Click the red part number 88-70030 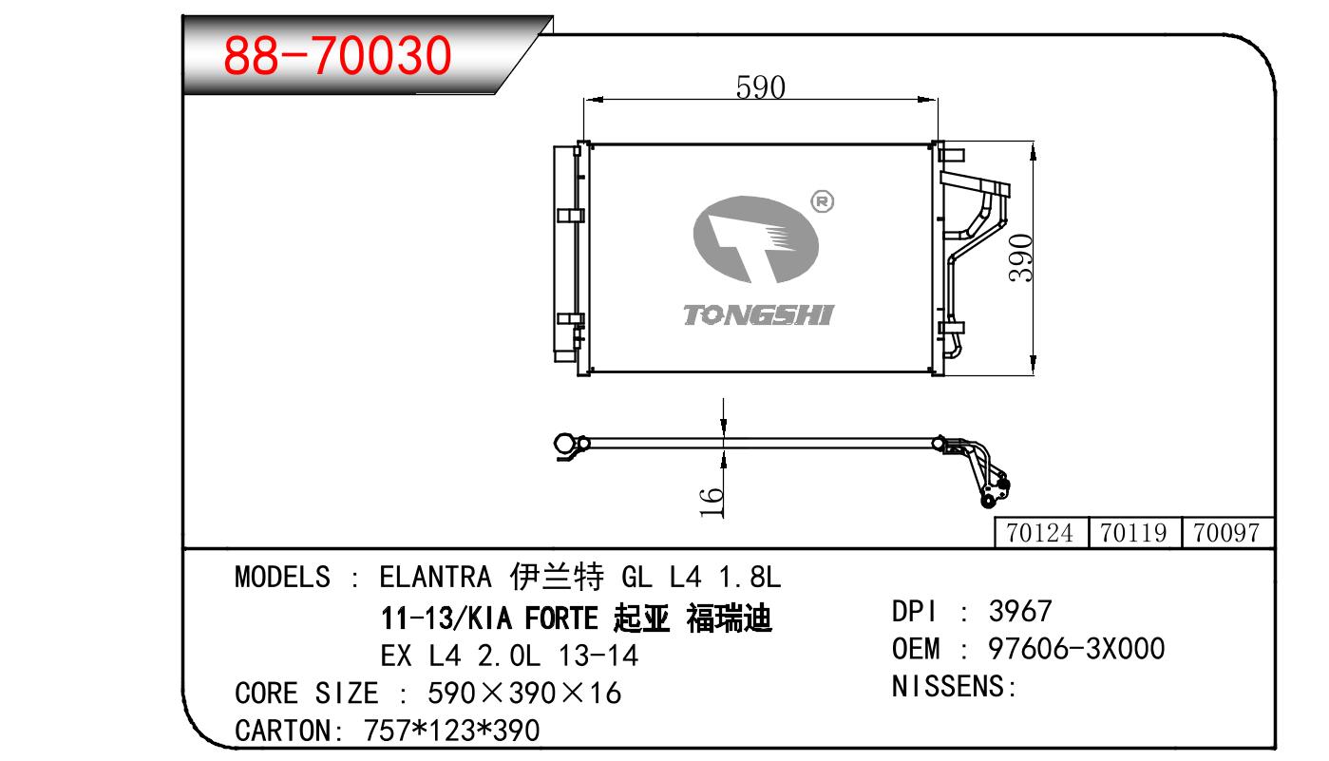pyautogui.click(x=337, y=55)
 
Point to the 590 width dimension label pyautogui.click(x=760, y=87)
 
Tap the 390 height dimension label pyautogui.click(x=1021, y=257)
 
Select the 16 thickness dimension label pyautogui.click(x=712, y=502)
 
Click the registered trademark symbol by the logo pyautogui.click(x=822, y=201)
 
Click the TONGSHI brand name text pyautogui.click(x=759, y=315)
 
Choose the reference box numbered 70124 pyautogui.click(x=1041, y=533)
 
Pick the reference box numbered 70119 pyautogui.click(x=1135, y=533)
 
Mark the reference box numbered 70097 pyautogui.click(x=1227, y=533)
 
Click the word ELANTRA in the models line pyautogui.click(x=435, y=577)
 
